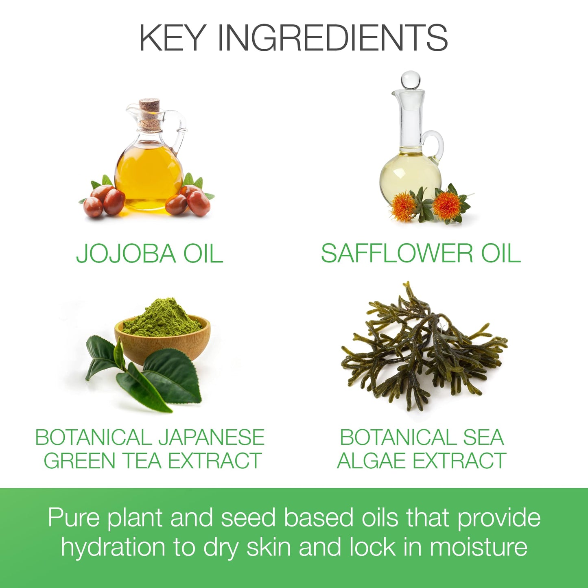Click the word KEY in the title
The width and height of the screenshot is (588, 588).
pyautogui.click(x=171, y=38)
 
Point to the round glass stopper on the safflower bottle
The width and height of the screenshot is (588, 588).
pyautogui.click(x=409, y=79)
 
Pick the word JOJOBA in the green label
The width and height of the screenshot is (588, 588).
pyautogui.click(x=126, y=253)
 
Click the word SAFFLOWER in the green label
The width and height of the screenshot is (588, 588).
pyautogui.click(x=397, y=253)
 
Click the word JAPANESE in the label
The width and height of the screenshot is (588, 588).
pyautogui.click(x=211, y=437)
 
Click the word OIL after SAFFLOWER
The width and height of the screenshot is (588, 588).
pyautogui.click(x=501, y=253)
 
